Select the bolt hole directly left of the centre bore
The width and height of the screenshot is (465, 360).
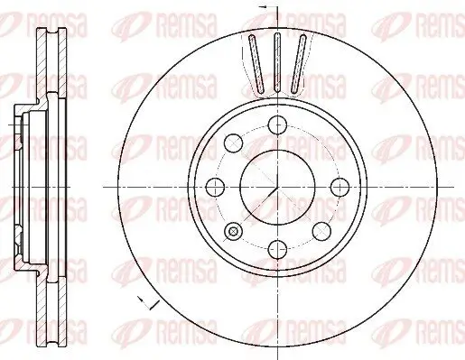216,187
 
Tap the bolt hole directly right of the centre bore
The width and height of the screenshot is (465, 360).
339,187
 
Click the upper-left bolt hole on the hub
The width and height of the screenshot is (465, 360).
234,143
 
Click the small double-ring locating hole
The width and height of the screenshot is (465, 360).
234,231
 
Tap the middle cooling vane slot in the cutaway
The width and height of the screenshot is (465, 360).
277,62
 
